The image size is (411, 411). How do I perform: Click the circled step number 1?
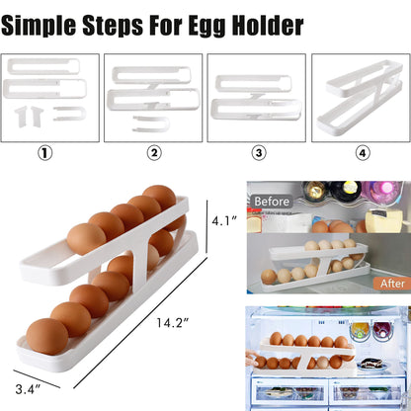44,153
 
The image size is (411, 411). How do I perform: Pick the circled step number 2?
154,153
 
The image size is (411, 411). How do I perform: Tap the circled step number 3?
259,153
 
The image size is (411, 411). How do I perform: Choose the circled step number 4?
363,153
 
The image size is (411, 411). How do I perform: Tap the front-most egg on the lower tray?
48,337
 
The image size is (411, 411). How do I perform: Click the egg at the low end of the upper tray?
86,240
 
